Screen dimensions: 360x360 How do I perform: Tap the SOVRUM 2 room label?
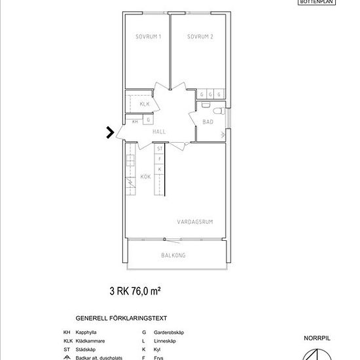200,37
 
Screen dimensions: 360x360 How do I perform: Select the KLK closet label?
145,104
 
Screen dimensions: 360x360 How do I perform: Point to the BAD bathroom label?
207,122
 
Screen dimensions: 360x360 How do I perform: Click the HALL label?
159,132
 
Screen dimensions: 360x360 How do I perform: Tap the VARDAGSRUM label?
195,222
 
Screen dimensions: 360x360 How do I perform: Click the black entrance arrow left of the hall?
109,133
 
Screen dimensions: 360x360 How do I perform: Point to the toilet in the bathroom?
206,105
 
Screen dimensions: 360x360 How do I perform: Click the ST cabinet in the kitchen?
159,149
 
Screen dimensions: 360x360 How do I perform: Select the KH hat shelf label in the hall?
135,121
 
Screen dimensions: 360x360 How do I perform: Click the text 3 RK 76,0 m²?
135,289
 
